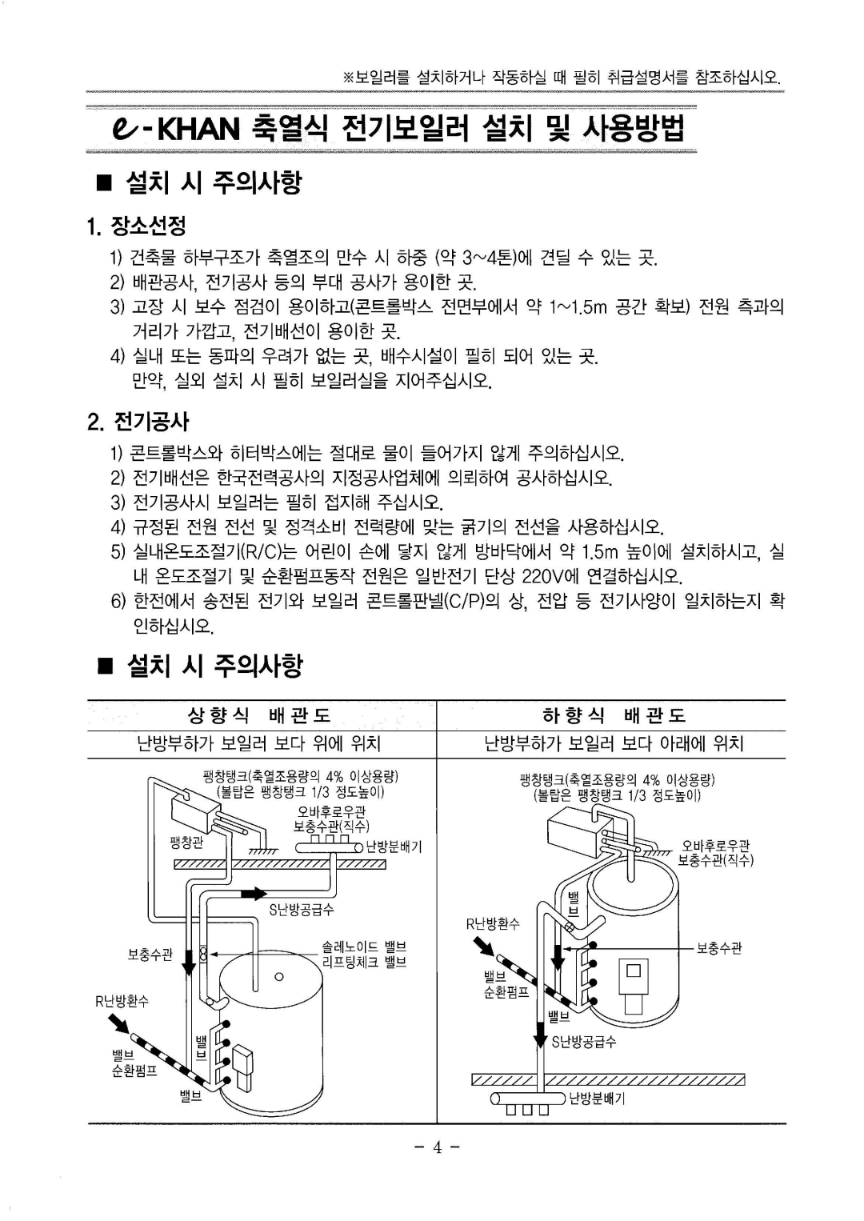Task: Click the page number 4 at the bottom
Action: tap(437, 1147)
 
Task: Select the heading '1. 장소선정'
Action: tap(137, 226)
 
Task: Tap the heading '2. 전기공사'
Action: tap(138, 422)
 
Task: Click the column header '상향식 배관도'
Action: tap(258, 715)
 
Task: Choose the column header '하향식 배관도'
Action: tap(614, 715)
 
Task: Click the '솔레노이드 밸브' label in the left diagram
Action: tap(364, 947)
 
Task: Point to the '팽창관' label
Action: tap(186, 843)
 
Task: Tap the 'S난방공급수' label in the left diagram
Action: tap(302, 910)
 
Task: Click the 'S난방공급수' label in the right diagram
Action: tap(584, 1042)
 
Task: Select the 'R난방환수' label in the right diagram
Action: tap(493, 923)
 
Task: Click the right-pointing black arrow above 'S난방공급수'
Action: tap(254, 893)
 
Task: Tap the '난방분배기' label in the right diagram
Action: tap(596, 1099)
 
